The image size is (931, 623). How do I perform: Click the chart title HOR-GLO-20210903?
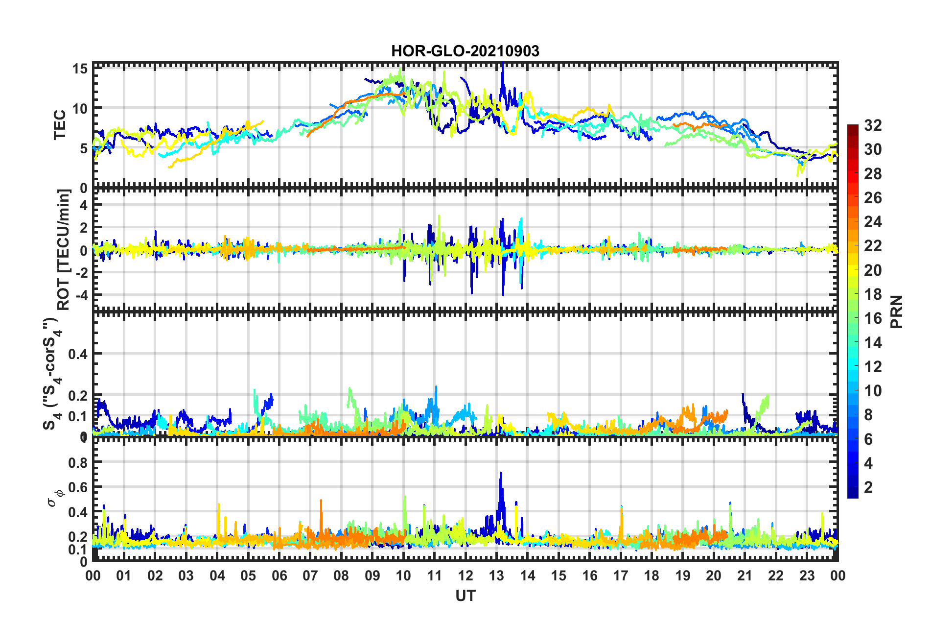pyautogui.click(x=465, y=51)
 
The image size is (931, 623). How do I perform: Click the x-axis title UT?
pyautogui.click(x=465, y=596)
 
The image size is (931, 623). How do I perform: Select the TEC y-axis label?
pyautogui.click(x=60, y=125)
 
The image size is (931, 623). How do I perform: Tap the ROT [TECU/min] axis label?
pyautogui.click(x=64, y=250)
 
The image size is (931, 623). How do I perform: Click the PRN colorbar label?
pyautogui.click(x=897, y=312)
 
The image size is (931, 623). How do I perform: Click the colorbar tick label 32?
pyautogui.click(x=873, y=125)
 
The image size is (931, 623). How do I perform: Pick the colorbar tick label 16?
pyautogui.click(x=873, y=318)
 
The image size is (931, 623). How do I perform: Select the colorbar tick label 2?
pyautogui.click(x=869, y=487)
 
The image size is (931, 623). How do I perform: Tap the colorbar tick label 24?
pyautogui.click(x=873, y=222)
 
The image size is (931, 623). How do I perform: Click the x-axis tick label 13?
pyautogui.click(x=496, y=575)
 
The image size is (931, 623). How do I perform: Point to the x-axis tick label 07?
pyautogui.click(x=310, y=575)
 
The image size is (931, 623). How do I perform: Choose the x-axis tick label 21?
pyautogui.click(x=745, y=575)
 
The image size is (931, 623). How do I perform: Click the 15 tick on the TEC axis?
pyautogui.click(x=80, y=69)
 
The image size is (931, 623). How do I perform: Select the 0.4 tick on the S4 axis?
pyautogui.click(x=78, y=354)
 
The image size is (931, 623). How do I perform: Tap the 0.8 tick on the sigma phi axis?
pyautogui.click(x=78, y=462)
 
